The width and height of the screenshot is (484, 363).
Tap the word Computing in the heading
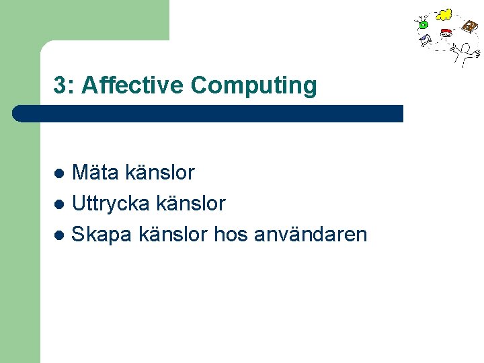(253, 86)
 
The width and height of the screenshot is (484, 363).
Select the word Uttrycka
(111, 204)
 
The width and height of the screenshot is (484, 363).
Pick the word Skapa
(102, 235)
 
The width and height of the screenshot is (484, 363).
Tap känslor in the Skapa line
(173, 235)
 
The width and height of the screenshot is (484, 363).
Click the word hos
(231, 235)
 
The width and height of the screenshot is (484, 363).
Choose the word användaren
(311, 235)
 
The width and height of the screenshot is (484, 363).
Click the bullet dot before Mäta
(59, 173)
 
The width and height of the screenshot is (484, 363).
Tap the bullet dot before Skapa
(59, 235)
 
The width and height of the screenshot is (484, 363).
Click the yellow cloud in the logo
(444, 14)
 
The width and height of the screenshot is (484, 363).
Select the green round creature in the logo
(424, 24)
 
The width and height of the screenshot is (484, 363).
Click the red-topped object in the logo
(445, 33)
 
